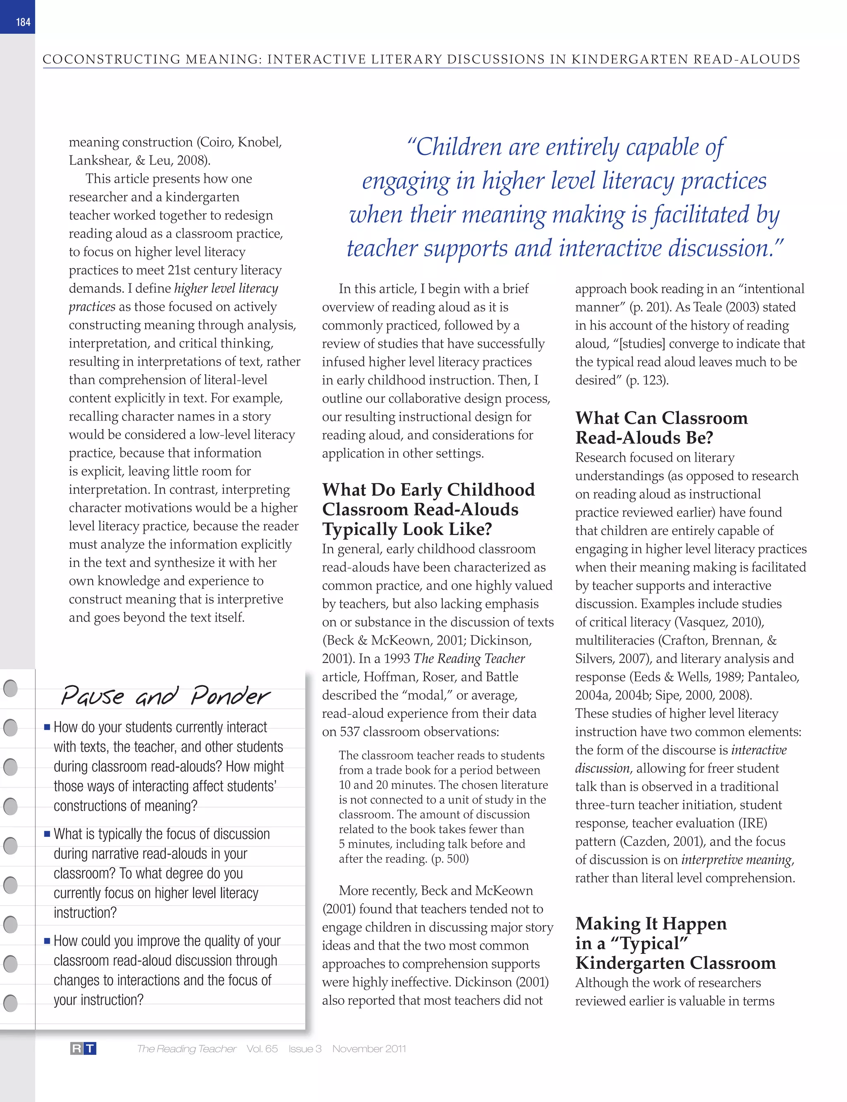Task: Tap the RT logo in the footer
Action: pos(83,1049)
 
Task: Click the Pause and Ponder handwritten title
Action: pos(165,696)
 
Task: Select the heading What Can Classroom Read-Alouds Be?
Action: pos(661,428)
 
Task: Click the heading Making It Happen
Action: pos(651,923)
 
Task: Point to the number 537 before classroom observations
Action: pos(350,731)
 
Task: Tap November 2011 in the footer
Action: pos(368,1049)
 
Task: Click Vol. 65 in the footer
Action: pos(262,1049)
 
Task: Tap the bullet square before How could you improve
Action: pos(47,941)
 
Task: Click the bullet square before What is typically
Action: pos(47,834)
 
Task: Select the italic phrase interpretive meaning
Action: pos(737,860)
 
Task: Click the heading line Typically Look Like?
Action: pos(407,529)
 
